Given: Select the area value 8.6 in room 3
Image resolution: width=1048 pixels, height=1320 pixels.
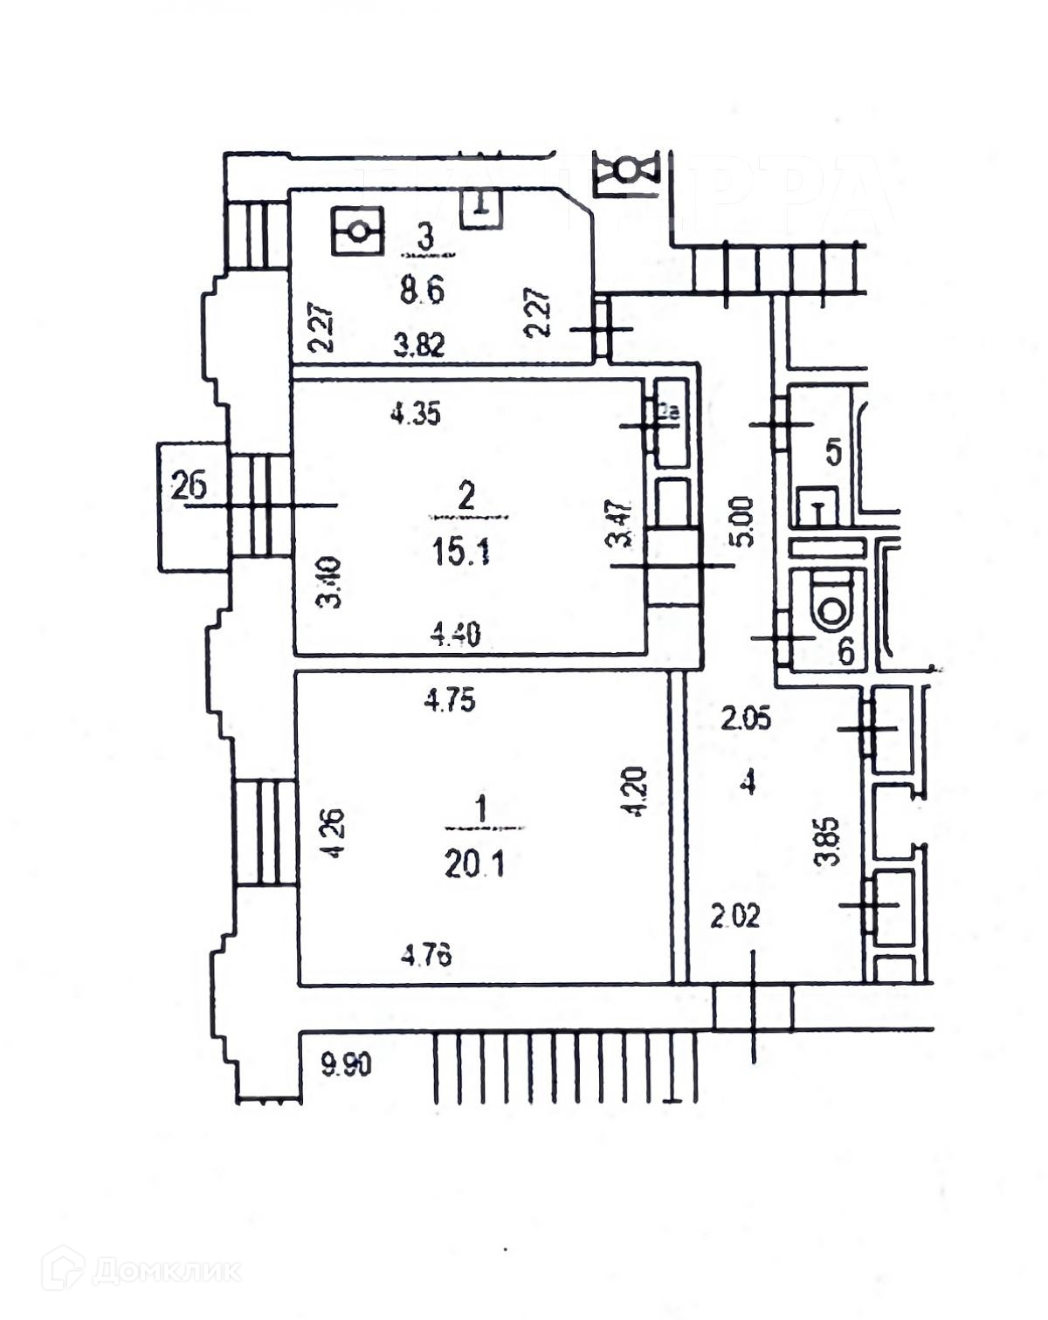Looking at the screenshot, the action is pos(423,289).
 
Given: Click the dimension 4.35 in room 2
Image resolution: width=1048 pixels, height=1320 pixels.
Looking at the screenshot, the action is pos(415,415).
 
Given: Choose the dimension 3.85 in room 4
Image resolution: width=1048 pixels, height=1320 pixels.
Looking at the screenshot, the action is pos(832,841).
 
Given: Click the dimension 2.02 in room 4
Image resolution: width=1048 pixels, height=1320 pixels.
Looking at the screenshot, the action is pos(734,917).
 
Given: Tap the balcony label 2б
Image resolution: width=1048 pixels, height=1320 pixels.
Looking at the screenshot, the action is pos(189,485).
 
